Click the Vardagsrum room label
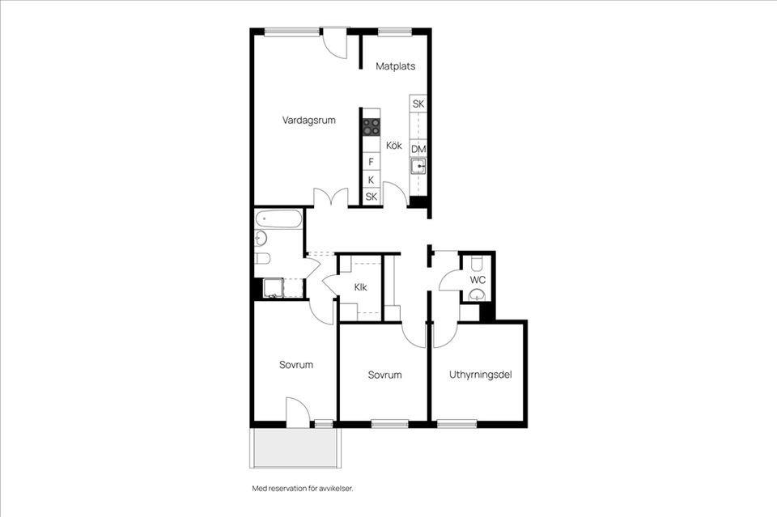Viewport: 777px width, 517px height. [308, 120]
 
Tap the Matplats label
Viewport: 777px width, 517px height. [395, 66]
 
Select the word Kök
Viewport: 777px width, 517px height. [394, 146]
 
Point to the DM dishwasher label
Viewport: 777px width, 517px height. [418, 149]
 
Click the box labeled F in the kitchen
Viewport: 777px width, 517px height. [371, 162]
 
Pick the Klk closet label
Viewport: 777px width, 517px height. [361, 287]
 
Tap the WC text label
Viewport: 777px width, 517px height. [478, 280]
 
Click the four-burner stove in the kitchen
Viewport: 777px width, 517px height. [371, 126]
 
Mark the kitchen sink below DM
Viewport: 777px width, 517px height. [418, 167]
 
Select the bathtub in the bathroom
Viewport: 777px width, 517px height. [278, 218]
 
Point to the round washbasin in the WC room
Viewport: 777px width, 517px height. [478, 295]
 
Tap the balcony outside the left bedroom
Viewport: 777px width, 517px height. [295, 447]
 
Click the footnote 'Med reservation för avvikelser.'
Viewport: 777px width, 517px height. [303, 489]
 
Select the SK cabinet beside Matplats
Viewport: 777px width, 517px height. [418, 104]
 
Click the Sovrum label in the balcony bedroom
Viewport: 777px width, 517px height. [296, 365]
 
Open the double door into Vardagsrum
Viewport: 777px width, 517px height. [331, 197]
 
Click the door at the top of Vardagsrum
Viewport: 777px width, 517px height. [334, 42]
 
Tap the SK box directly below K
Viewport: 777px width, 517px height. [371, 197]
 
